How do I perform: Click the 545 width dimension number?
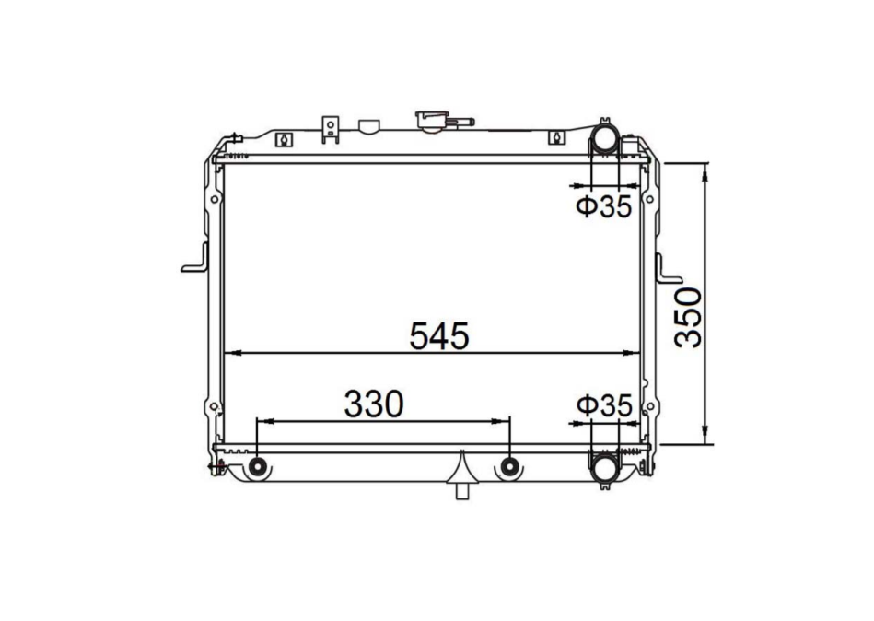(x=439, y=335)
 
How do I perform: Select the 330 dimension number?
(x=374, y=404)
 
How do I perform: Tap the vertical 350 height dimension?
(x=689, y=317)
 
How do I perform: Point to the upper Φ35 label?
(x=605, y=207)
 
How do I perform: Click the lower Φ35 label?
(x=605, y=405)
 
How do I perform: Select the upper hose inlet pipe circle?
(x=605, y=139)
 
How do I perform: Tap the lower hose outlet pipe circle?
(x=605, y=467)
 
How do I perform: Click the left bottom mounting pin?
(x=257, y=467)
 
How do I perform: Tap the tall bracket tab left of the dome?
(x=331, y=129)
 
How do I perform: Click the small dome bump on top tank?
(x=367, y=124)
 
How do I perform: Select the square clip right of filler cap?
(x=555, y=138)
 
